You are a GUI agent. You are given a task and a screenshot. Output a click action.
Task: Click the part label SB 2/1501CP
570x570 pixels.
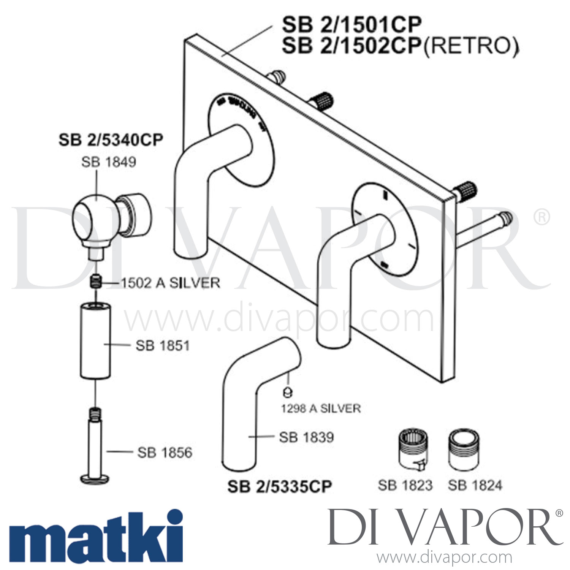tap(351, 25)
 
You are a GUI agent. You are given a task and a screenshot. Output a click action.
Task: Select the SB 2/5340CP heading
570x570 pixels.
tap(111, 140)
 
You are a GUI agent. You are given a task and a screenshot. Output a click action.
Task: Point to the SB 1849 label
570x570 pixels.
tap(109, 162)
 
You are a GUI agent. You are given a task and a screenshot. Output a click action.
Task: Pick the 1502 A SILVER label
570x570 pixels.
tap(171, 283)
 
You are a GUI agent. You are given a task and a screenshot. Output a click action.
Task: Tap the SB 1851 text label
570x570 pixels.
tap(163, 346)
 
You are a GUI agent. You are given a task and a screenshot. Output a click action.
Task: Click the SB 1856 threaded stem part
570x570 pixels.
tap(95, 448)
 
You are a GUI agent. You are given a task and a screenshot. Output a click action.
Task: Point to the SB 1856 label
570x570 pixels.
tap(165, 453)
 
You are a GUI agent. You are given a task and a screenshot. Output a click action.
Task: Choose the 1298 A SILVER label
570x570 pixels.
tap(321, 408)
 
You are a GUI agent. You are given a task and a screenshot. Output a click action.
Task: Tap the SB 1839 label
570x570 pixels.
tap(306, 437)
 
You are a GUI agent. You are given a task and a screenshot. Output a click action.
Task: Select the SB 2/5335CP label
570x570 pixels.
tap(280, 487)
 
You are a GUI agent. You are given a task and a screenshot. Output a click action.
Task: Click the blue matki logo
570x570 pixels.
tap(95, 537)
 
